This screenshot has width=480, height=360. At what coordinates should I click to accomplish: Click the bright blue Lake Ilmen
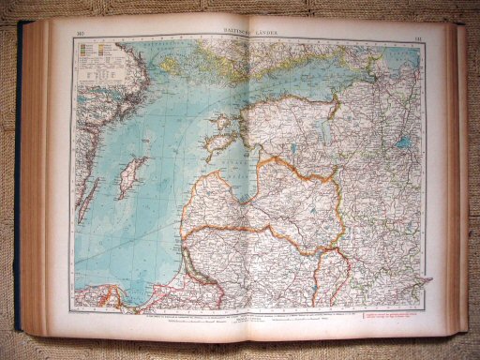click(x=404, y=145)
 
